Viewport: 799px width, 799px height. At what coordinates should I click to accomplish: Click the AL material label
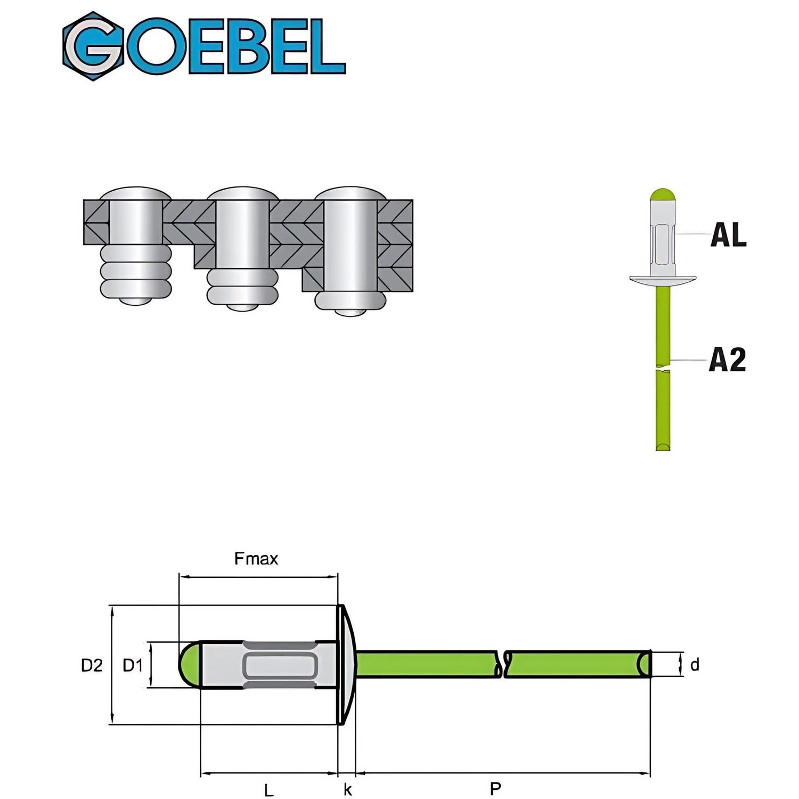pos(728,234)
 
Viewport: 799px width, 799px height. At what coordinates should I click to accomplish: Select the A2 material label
pos(727,360)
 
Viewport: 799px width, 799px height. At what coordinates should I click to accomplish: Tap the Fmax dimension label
pos(256,559)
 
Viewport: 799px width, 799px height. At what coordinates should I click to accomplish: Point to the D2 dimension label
pos(92,665)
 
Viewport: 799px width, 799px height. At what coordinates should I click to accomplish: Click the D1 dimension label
pos(133,665)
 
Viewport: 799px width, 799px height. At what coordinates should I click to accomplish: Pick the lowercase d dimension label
pos(694,665)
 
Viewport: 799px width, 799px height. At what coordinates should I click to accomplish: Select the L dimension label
pos(269,790)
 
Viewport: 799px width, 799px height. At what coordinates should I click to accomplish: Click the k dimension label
pos(347,789)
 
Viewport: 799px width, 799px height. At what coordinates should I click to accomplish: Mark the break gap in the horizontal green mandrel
pos(503,664)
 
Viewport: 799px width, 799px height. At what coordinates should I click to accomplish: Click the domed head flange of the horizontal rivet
pos(346,664)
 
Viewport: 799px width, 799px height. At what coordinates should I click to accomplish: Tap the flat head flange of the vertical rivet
pos(663,279)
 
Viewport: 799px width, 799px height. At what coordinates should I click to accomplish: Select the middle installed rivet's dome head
pos(243,193)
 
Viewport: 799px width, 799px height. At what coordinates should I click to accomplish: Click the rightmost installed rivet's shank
pos(350,245)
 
